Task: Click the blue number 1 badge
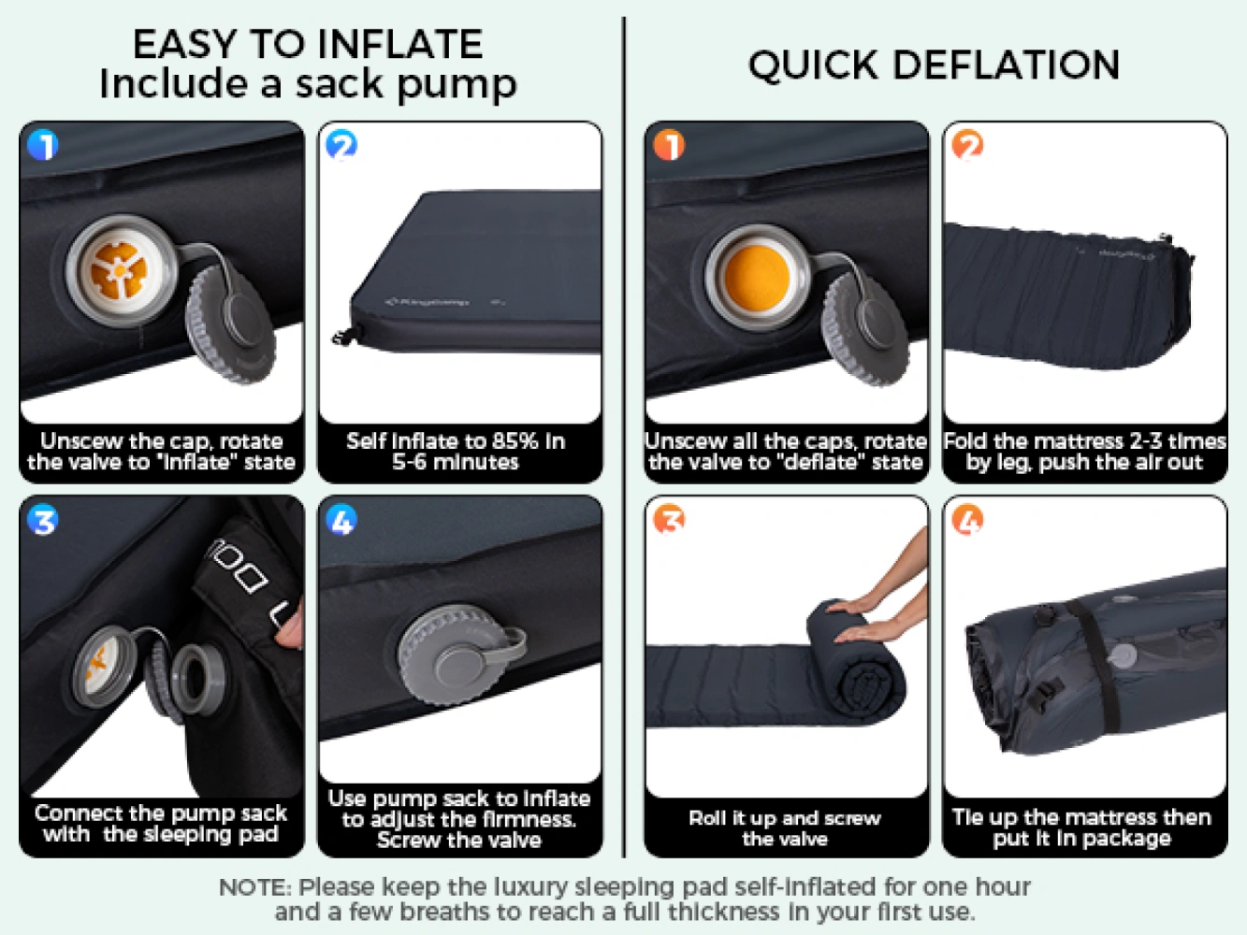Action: (43, 145)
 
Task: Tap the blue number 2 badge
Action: (341, 145)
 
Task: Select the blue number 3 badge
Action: (43, 520)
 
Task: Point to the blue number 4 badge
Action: (341, 520)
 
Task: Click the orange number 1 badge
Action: (669, 145)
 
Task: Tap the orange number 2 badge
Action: (967, 145)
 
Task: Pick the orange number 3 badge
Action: (669, 520)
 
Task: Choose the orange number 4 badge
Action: (967, 520)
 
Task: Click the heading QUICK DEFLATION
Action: (934, 65)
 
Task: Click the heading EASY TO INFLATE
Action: (308, 44)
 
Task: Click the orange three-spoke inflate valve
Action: (120, 271)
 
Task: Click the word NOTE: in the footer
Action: (254, 887)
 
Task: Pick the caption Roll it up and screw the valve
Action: (785, 828)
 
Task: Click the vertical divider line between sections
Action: (624, 438)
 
